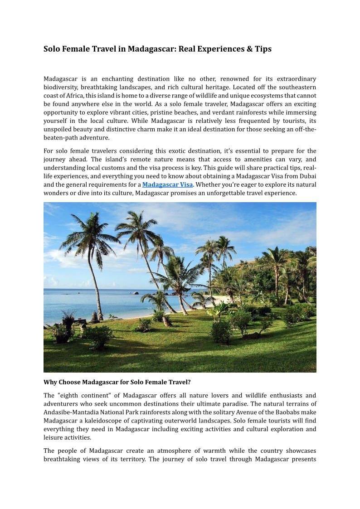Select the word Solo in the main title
click(52, 49)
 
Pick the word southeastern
click(296, 87)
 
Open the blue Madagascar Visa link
click(167, 184)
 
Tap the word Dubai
click(307, 176)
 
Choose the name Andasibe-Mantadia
click(72, 412)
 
